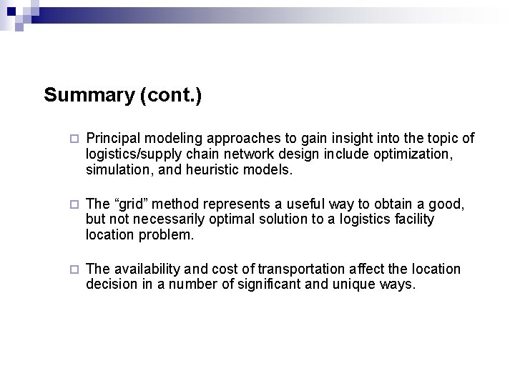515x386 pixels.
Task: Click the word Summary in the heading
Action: click(x=86, y=95)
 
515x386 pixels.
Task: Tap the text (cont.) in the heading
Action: click(x=167, y=95)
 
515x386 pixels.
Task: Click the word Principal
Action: click(x=109, y=138)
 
